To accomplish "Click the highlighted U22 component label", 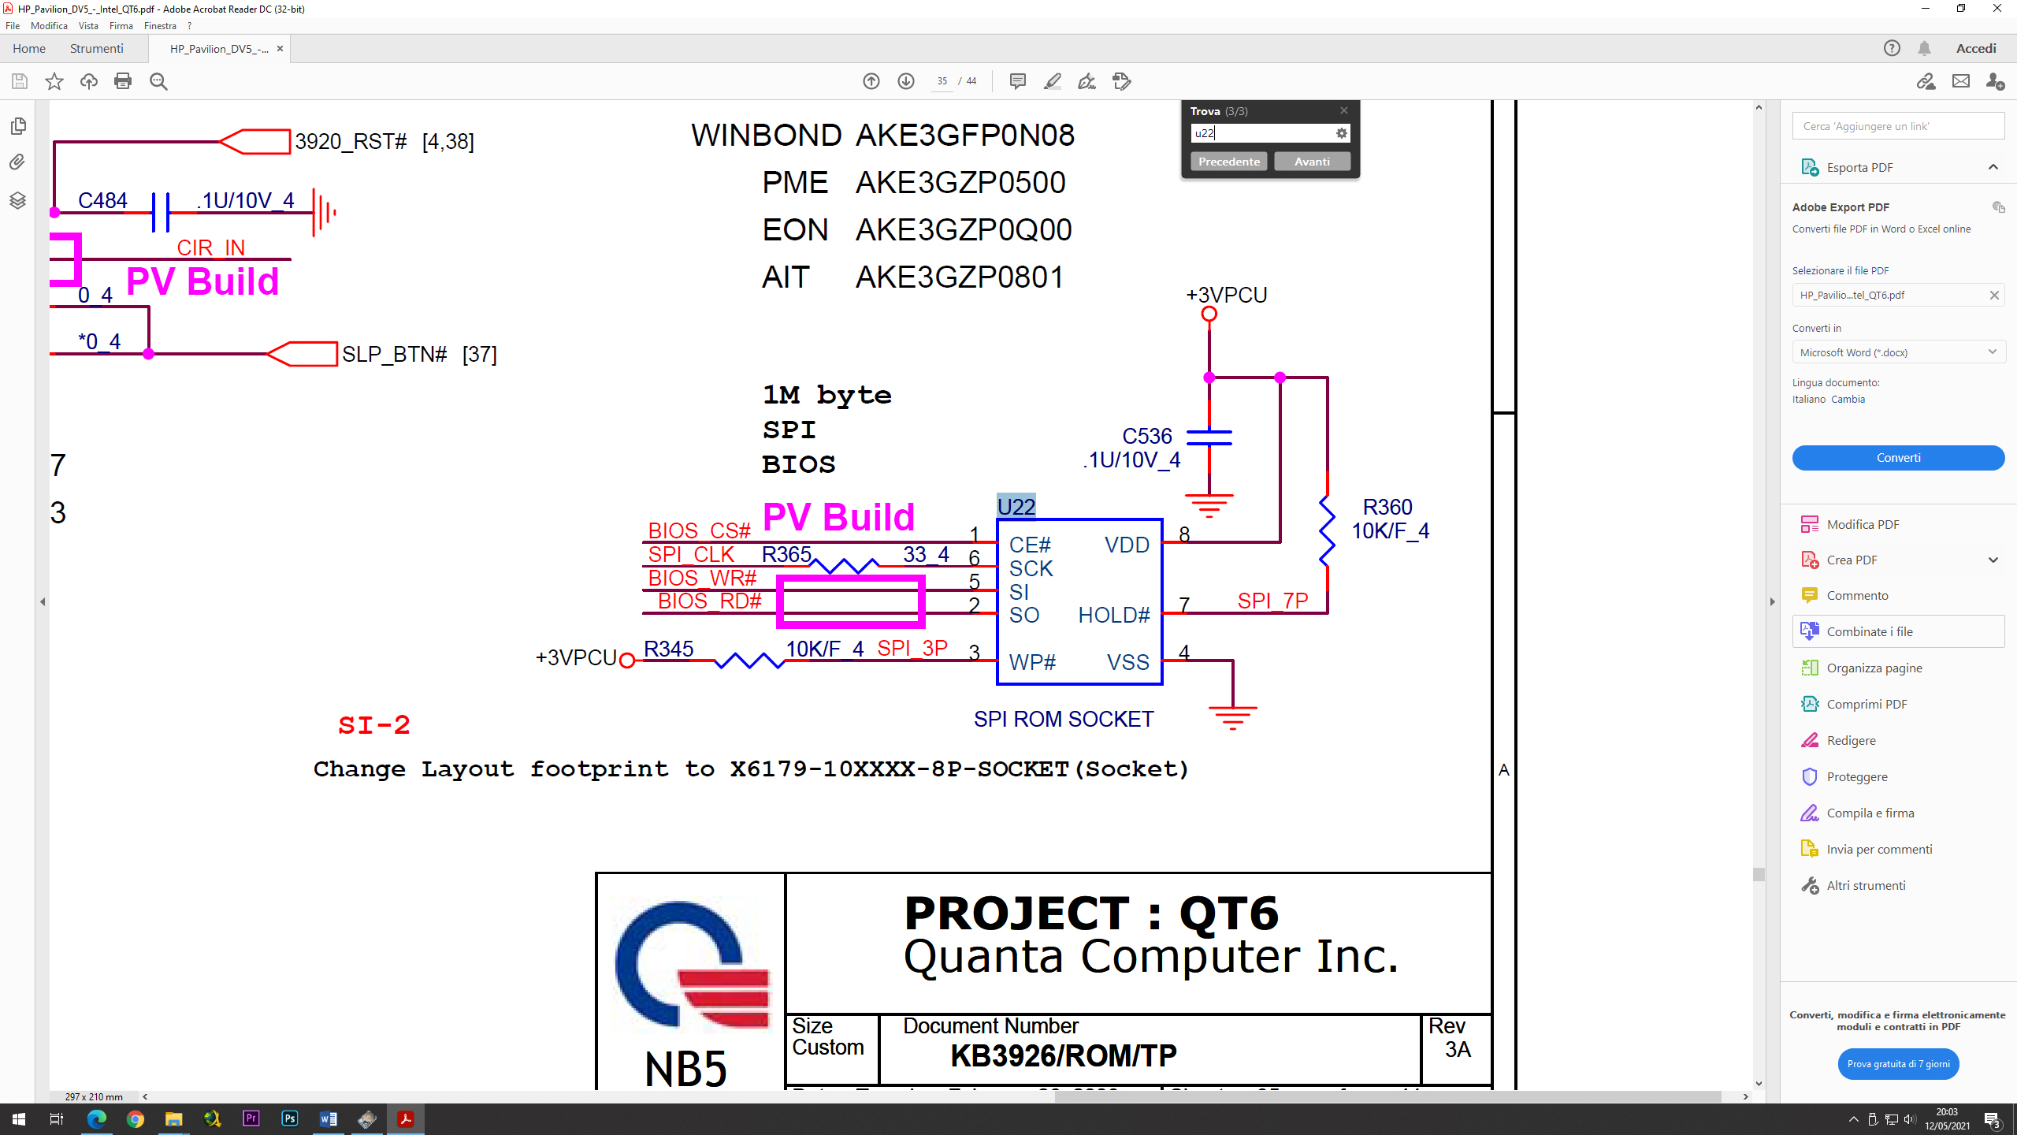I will [1016, 507].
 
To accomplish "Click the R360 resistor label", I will [1387, 507].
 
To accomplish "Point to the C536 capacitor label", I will [1146, 436].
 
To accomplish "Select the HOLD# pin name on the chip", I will [1113, 615].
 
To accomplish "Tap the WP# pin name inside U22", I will [1031, 662].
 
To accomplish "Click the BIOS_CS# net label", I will [699, 530].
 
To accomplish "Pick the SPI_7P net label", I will [1272, 601].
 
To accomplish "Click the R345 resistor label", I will [668, 649].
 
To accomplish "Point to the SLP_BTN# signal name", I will [395, 355].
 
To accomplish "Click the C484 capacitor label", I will [102, 200].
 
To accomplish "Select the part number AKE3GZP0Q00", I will [963, 230].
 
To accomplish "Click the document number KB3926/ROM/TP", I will [1063, 1055].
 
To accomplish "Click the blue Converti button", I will [1897, 458].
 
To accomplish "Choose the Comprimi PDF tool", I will [1866, 704].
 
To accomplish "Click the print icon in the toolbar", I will [123, 81].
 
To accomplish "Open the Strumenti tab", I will [96, 49].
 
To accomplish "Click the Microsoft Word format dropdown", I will [1897, 352].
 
